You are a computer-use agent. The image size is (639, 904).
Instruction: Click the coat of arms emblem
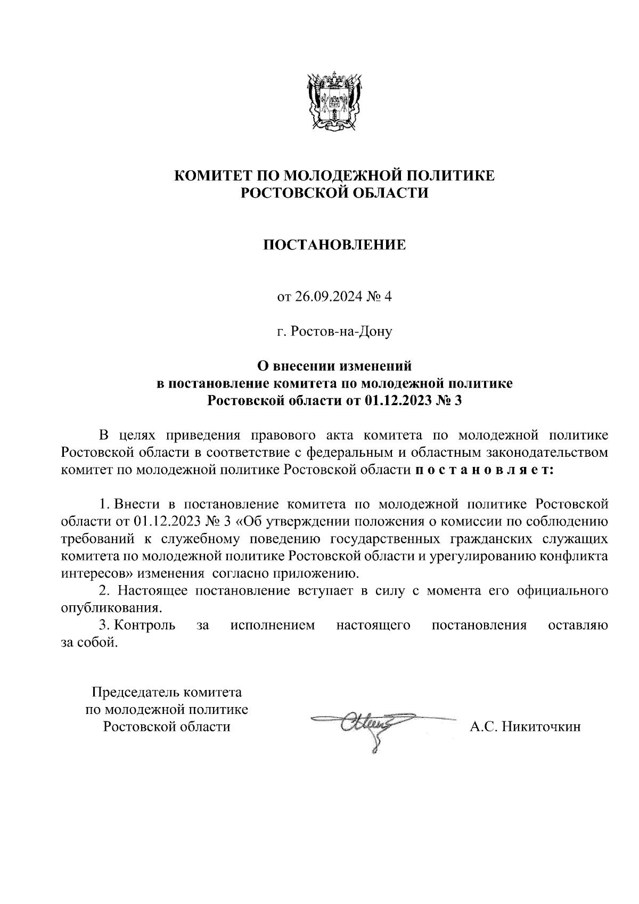tap(335, 101)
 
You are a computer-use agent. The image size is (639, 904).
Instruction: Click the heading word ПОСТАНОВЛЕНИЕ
tap(334, 245)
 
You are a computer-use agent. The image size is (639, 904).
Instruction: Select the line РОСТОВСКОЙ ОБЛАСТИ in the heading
tap(334, 193)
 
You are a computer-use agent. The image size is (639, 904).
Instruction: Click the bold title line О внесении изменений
tap(334, 366)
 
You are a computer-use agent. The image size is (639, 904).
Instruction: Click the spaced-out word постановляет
tap(484, 470)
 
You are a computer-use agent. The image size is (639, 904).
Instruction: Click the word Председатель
tap(136, 693)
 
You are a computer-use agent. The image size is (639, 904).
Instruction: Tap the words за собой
tap(88, 643)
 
